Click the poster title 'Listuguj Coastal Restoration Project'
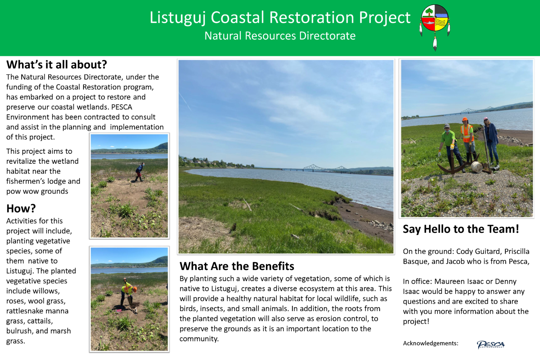tap(280, 17)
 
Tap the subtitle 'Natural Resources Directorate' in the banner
tap(280, 36)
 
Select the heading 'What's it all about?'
tap(57, 65)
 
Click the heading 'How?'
tap(21, 208)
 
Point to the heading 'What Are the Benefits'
tap(237, 266)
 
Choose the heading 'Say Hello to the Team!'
tap(461, 229)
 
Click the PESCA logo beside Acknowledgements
tap(491, 345)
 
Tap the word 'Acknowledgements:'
tap(431, 343)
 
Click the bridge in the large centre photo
tap(326, 167)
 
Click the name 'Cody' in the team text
tap(465, 252)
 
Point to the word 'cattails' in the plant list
tap(39, 321)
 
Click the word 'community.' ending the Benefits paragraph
tap(199, 339)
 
